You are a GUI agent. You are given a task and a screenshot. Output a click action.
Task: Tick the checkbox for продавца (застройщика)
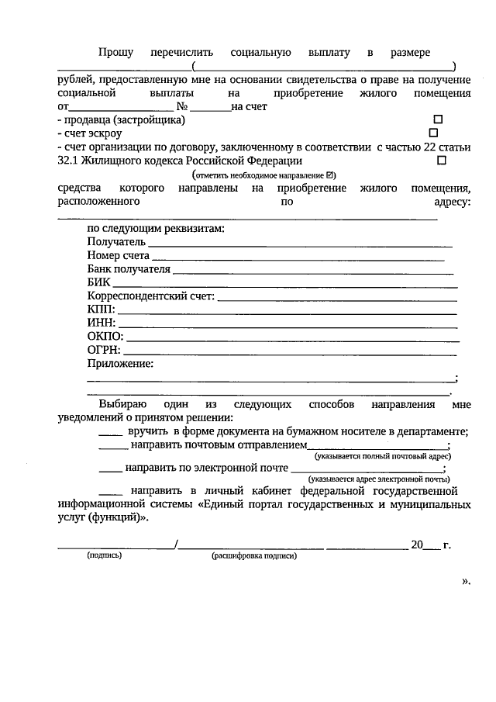pyautogui.click(x=437, y=120)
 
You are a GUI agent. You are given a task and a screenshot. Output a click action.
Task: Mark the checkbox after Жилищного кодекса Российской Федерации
pyautogui.click(x=442, y=161)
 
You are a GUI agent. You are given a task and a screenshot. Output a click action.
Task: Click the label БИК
pyautogui.click(x=99, y=282)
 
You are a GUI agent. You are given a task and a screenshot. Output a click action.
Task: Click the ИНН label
pyautogui.click(x=101, y=323)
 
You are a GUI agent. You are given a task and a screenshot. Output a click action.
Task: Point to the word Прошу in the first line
pyautogui.click(x=115, y=53)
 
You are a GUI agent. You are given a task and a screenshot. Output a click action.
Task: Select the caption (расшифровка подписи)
pyautogui.click(x=253, y=555)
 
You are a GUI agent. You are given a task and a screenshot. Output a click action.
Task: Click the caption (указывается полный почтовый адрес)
pyautogui.click(x=377, y=457)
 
